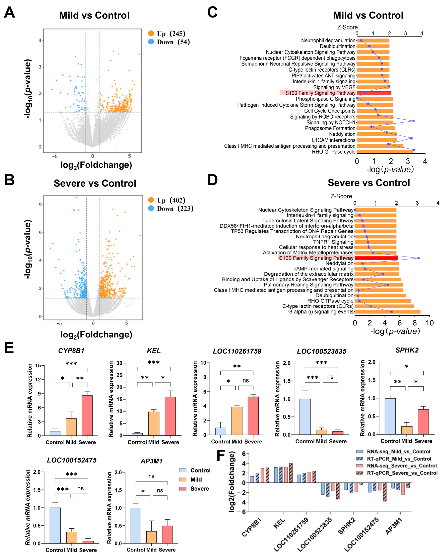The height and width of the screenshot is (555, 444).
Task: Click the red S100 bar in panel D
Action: pyautogui.click(x=376, y=258)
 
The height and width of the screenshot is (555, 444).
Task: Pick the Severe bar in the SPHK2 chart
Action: pyautogui.click(x=423, y=422)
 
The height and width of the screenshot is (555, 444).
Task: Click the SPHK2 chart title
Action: pyautogui.click(x=407, y=350)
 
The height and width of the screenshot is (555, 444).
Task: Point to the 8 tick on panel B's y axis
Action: pyautogui.click(x=40, y=204)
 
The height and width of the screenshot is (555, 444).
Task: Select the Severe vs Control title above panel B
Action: pyautogui.click(x=95, y=183)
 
